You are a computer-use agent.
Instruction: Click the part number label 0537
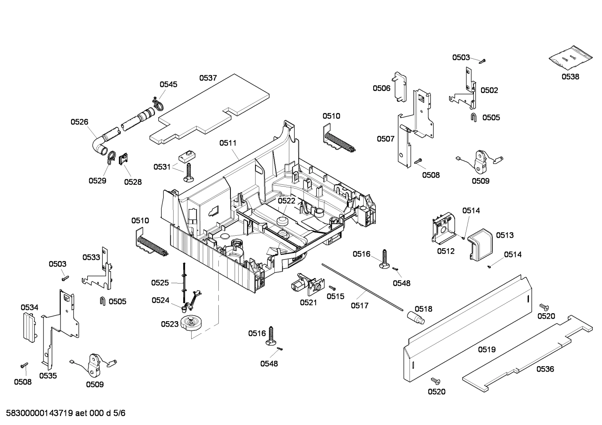[208, 78]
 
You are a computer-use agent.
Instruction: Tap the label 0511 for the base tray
[228, 143]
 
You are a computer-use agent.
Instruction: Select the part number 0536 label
[545, 369]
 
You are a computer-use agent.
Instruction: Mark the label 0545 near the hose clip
[168, 84]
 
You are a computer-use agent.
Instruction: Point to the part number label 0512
[445, 251]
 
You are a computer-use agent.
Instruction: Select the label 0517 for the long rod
[359, 306]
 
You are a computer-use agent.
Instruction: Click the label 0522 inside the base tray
[286, 201]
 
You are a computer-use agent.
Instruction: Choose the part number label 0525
[160, 283]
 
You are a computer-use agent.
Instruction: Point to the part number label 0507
[385, 139]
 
